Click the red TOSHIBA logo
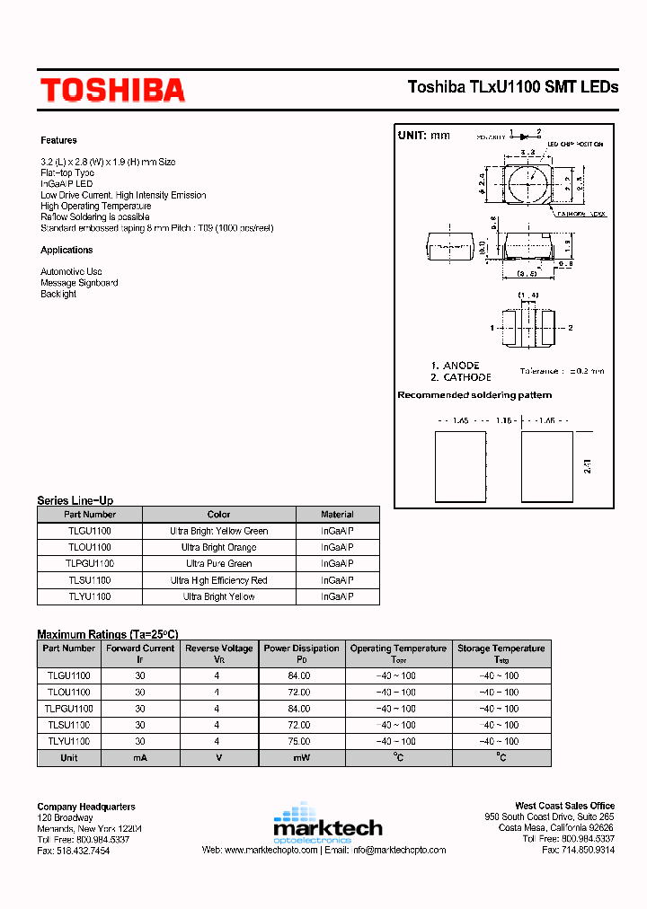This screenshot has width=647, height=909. coord(112,90)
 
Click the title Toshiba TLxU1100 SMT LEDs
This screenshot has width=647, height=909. coord(513,87)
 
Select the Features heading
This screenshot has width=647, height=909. coord(58,140)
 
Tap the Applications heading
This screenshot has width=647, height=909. coord(66,250)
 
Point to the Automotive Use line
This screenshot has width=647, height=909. coord(71,271)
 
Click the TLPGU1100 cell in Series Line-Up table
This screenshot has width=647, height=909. coord(90,563)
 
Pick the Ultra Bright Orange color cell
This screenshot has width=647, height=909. coord(218,547)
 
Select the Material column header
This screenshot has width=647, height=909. coord(337,515)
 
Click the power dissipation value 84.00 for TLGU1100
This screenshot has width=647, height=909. coord(299,675)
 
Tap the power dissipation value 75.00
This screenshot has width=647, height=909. coord(299,741)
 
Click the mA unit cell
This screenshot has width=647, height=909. coord(139,758)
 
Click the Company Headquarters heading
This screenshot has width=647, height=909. coord(86,807)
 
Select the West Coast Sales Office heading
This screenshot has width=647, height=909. coord(564,806)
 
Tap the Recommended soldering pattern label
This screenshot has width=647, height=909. coord(474,395)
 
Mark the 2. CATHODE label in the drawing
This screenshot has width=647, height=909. coord(461,377)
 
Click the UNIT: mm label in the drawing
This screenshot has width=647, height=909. coord(423,136)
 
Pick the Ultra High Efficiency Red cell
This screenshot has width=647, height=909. coord(218,580)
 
